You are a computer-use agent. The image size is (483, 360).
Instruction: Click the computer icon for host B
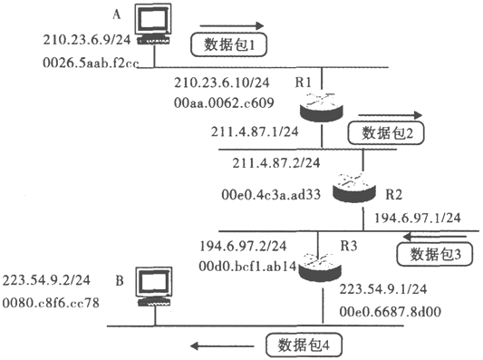point(155,287)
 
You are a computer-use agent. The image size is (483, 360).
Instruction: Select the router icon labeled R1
point(322,107)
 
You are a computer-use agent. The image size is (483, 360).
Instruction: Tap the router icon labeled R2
point(354,188)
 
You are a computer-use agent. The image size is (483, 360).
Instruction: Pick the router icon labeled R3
point(321,267)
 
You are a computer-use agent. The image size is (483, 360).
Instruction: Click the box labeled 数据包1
point(228,45)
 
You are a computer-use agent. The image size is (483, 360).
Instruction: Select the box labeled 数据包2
point(386,133)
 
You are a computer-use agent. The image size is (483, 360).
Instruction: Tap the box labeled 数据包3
point(435,254)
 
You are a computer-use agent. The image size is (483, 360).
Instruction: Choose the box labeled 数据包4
point(304,345)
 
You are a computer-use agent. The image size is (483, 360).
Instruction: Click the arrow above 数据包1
point(232,26)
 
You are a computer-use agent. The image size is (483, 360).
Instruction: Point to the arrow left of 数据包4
point(222,345)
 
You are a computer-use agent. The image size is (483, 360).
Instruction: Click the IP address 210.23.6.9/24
point(87,40)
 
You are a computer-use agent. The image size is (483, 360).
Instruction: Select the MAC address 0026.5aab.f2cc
point(91,63)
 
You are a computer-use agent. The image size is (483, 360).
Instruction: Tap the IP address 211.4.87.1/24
point(255,131)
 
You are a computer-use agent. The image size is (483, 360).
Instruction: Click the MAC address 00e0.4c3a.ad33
point(271,194)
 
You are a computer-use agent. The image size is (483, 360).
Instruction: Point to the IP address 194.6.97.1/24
point(418,218)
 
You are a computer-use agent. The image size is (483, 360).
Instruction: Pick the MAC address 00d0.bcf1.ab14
point(247,266)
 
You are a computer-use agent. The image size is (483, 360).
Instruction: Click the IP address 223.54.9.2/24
point(46,280)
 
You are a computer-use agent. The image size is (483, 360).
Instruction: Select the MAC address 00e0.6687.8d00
point(391,312)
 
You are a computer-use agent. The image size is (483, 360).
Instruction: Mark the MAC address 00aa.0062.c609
point(224,102)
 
